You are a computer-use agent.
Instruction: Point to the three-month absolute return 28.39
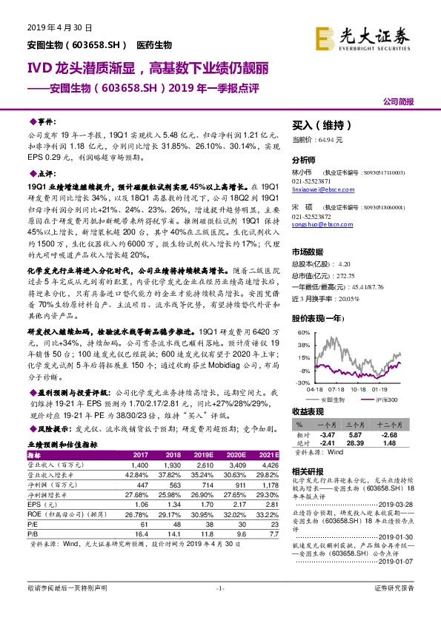pos(354,442)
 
